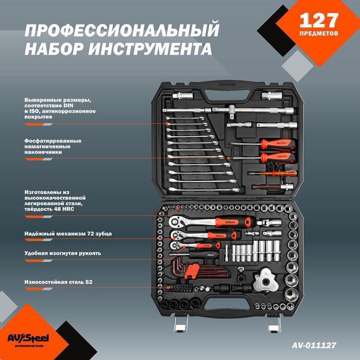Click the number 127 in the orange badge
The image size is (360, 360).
click(319, 21)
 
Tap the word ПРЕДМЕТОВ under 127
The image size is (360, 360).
click(319, 34)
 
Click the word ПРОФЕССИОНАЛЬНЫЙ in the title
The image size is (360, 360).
click(121, 31)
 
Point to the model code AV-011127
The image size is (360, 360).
click(314, 345)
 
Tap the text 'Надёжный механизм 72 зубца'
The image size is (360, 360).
click(68, 233)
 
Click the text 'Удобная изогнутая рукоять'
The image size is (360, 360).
click(63, 253)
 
